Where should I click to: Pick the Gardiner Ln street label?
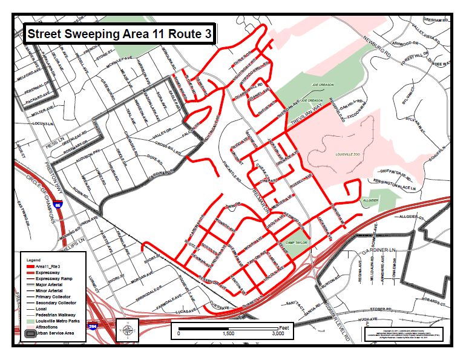(375, 250)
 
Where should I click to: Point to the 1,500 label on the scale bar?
(228, 333)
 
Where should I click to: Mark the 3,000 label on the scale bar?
(277, 333)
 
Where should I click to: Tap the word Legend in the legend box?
(33, 260)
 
